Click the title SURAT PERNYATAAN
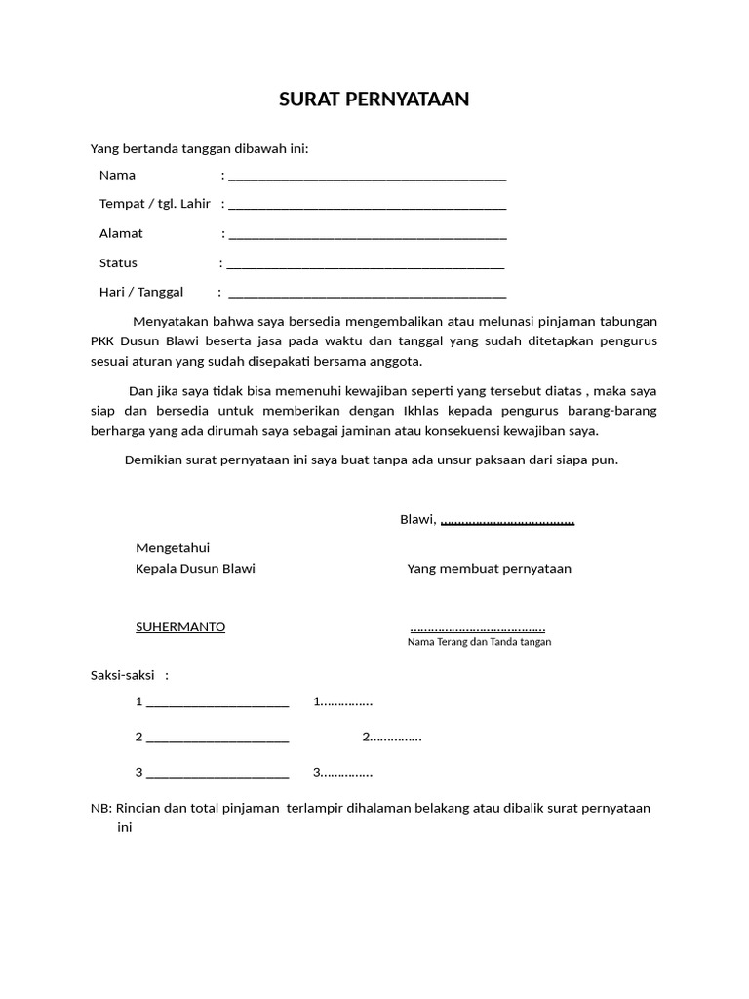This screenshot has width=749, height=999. click(x=374, y=100)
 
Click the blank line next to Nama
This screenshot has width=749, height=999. click(x=367, y=178)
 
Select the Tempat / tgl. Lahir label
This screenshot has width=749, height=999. click(x=155, y=204)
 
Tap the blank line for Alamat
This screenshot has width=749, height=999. click(x=367, y=236)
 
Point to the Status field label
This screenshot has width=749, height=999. click(x=118, y=262)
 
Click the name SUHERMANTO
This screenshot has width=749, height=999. click(x=180, y=627)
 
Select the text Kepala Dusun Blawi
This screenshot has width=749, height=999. click(x=195, y=569)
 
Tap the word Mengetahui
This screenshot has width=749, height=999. click(x=173, y=548)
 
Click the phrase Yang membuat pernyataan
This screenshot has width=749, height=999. click(x=490, y=569)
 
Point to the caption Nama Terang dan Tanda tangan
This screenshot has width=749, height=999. click(x=479, y=642)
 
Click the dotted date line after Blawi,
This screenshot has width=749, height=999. click(x=507, y=521)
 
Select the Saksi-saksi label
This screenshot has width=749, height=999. click(x=123, y=675)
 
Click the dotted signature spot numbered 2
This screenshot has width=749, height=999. click(x=392, y=738)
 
